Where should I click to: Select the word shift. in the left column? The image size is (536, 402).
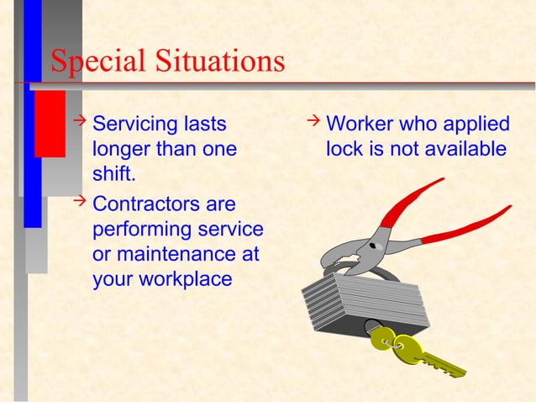point(115,177)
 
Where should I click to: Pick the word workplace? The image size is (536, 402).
point(184,278)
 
